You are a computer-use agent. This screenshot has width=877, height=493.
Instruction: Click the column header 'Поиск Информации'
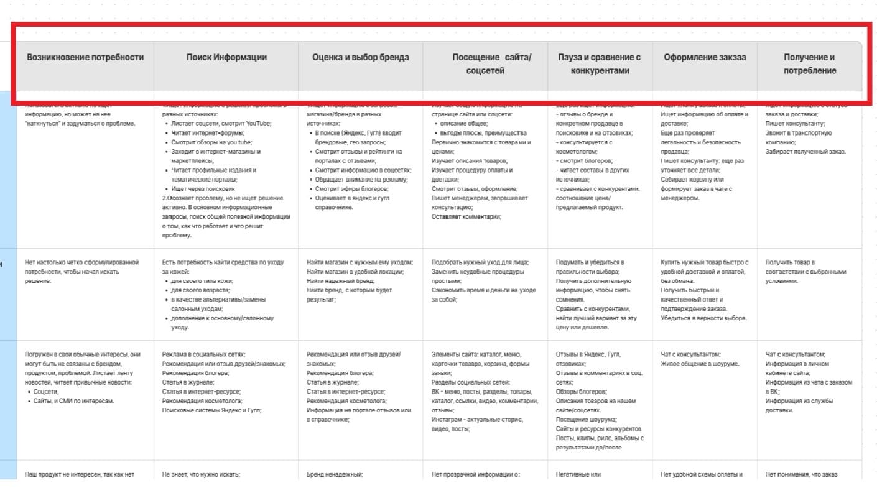pos(226,57)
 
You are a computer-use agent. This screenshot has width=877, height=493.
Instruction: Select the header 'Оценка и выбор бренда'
pos(361,57)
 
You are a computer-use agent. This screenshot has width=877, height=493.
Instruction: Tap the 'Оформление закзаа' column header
pos(705,57)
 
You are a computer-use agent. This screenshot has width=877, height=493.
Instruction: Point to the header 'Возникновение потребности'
pos(85,57)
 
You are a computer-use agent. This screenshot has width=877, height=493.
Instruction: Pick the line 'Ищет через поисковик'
pos(203,188)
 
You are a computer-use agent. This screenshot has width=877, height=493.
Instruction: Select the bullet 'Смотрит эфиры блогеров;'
pos(352,188)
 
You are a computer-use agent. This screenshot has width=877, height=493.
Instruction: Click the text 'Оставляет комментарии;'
pos(466,216)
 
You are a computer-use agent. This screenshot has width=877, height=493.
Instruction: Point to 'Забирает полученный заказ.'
pos(805,151)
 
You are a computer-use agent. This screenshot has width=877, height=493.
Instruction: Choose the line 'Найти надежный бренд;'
pos(339,281)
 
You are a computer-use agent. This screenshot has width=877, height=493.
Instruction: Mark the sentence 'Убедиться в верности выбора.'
pos(704,318)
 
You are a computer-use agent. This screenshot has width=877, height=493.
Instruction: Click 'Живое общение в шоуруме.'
pos(700,364)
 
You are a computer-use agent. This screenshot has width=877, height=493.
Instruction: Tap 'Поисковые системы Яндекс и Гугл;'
pos(212,410)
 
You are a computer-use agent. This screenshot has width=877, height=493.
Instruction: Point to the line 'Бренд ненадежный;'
pos(335,475)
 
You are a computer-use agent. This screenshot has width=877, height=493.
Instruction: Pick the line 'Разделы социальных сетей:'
pos(471,382)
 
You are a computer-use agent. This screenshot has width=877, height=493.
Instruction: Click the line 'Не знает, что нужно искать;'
pos(201,475)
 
